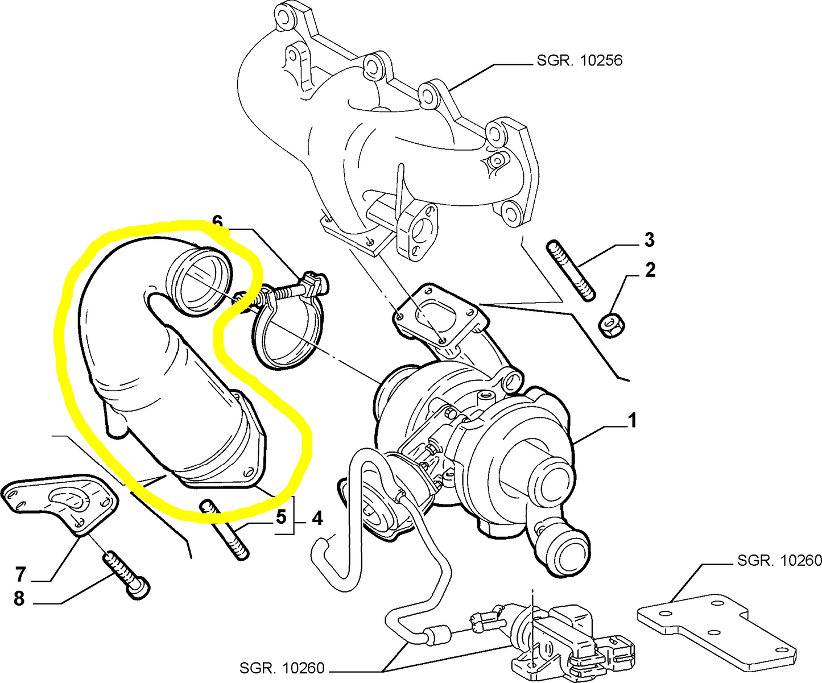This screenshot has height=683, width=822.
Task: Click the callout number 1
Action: [x=632, y=420]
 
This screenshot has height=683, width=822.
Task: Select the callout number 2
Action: [x=650, y=270]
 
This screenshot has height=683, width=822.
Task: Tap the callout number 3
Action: [x=649, y=239]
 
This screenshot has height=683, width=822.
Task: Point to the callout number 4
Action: [x=317, y=518]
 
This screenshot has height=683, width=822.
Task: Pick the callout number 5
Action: [x=280, y=517]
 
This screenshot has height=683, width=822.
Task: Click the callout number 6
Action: [x=217, y=222]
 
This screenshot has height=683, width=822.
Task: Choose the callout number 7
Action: [x=20, y=574]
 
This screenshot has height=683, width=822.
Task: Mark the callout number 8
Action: [x=19, y=598]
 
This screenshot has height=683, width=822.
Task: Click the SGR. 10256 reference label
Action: [x=580, y=60]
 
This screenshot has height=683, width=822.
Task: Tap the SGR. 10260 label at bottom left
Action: [x=282, y=668]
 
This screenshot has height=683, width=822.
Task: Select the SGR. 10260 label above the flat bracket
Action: [x=779, y=561]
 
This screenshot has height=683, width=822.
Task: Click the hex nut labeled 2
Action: [x=613, y=325]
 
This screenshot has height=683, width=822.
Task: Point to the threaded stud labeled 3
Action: [x=571, y=271]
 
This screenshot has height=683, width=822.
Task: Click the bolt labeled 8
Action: [x=126, y=575]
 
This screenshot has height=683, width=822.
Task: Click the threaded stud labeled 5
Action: [x=225, y=529]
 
